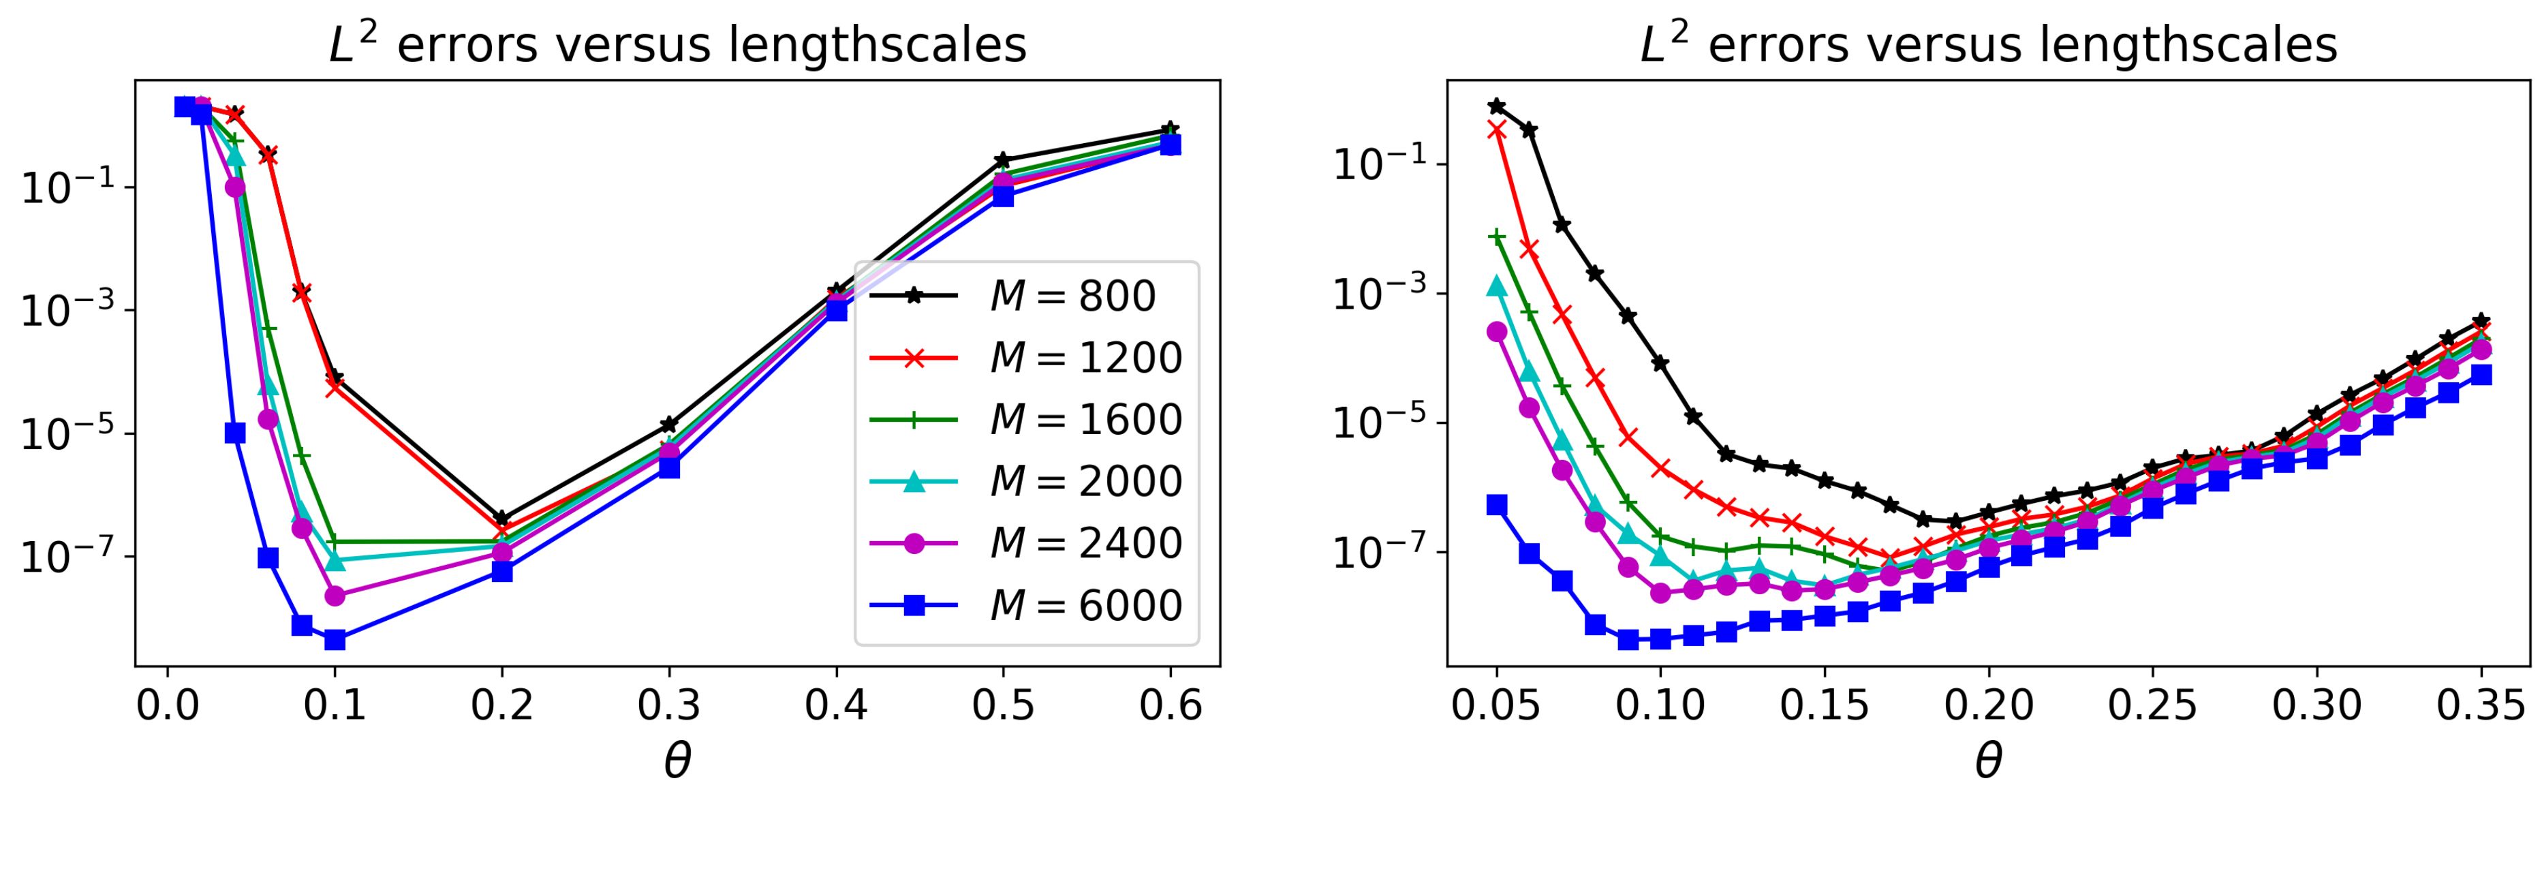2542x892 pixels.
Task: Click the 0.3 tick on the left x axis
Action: (x=669, y=707)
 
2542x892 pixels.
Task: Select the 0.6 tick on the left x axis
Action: (x=1171, y=707)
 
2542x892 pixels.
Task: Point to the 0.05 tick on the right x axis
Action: (x=1497, y=707)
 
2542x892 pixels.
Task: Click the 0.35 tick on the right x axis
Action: (x=2482, y=707)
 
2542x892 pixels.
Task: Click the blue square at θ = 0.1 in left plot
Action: (x=335, y=639)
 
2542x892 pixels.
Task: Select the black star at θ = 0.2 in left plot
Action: (x=501, y=519)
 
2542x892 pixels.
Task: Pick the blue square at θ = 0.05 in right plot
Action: (x=1497, y=505)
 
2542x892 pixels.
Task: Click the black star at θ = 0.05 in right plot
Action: (x=1497, y=106)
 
